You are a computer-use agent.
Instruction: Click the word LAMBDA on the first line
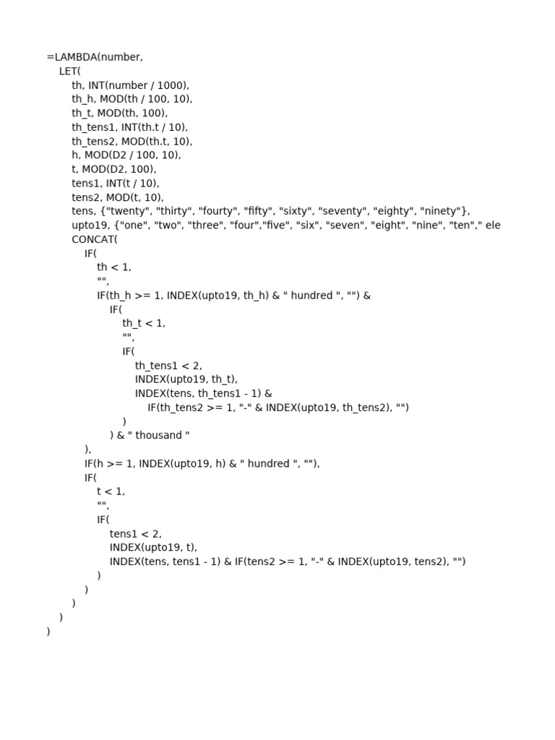[74, 57]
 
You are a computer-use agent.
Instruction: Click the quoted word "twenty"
[128, 211]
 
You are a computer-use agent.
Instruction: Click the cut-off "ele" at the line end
[493, 225]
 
